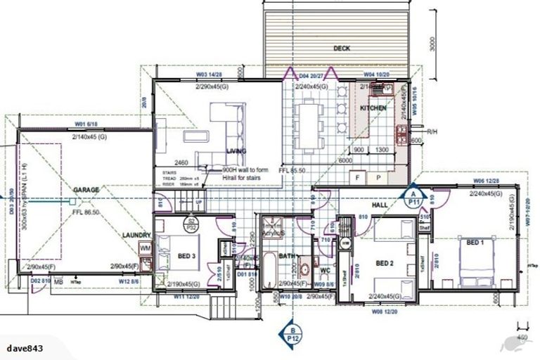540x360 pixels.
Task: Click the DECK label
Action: tap(342, 49)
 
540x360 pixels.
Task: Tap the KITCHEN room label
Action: tap(373, 109)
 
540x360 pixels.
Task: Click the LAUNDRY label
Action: tap(136, 235)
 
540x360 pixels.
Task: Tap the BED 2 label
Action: tap(383, 263)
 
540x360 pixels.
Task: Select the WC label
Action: tap(325, 269)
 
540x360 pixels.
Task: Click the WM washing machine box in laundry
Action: tap(146, 248)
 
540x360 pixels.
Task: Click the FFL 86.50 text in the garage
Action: tap(85, 211)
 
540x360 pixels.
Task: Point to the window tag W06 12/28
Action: tap(487, 181)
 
